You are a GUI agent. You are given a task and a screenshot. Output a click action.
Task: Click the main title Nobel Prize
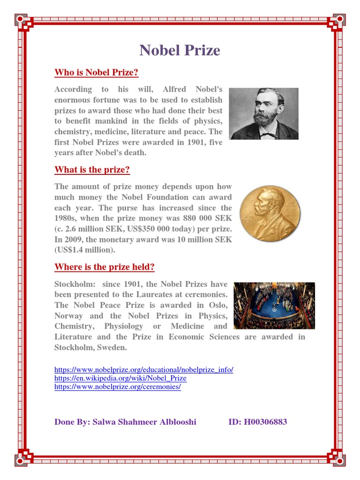point(180,51)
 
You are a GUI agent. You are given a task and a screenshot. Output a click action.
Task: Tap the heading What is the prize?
point(92,169)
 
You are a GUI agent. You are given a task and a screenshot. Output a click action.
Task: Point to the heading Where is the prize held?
point(104,267)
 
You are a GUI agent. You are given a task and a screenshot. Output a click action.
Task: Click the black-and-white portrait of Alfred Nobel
point(263,114)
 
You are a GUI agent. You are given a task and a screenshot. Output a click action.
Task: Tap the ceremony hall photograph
point(274,305)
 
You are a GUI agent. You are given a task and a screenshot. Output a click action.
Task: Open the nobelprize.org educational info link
point(143,369)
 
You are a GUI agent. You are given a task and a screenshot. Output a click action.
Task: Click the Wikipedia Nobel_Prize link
point(120,378)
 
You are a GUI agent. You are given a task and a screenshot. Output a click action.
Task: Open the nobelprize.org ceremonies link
point(118,387)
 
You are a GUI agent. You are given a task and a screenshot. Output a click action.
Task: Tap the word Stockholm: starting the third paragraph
point(73,284)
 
